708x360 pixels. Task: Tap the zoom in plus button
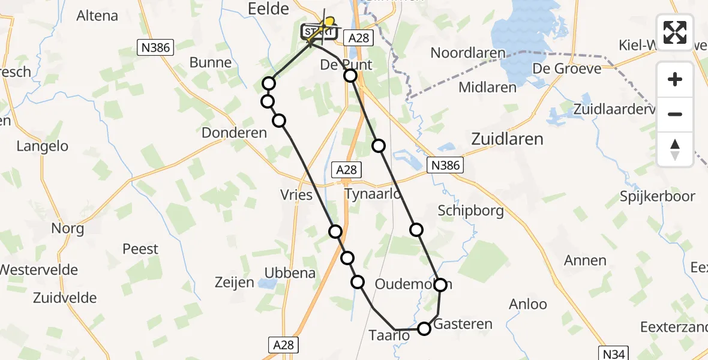tap(675, 79)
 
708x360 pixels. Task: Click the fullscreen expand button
tap(675, 32)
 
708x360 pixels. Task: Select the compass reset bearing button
tap(675, 149)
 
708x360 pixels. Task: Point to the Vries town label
tap(296, 194)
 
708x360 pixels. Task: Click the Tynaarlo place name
tap(373, 194)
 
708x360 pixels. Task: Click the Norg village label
tap(67, 229)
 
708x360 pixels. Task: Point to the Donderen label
tap(234, 133)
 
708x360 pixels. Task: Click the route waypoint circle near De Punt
tap(350, 76)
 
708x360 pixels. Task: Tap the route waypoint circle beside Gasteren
tap(424, 328)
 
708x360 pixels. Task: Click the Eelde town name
tap(269, 8)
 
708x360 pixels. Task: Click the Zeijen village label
tap(234, 282)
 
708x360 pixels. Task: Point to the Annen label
tap(585, 260)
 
